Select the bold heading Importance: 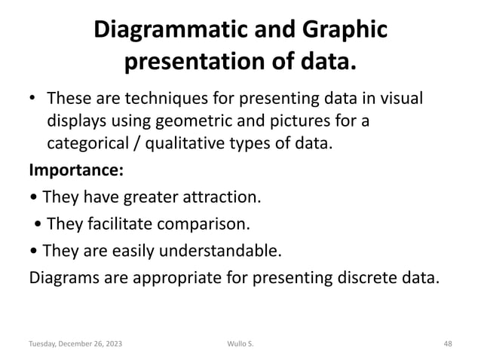72,169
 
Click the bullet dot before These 33,101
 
